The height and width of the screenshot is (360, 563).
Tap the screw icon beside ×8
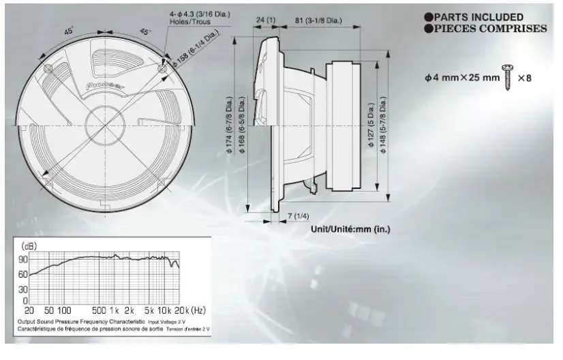coord(508,77)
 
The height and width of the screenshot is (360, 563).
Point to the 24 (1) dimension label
coord(265,20)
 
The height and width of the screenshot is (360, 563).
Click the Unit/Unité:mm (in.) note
coord(350,229)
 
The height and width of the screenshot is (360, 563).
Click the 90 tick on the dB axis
coord(23,260)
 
